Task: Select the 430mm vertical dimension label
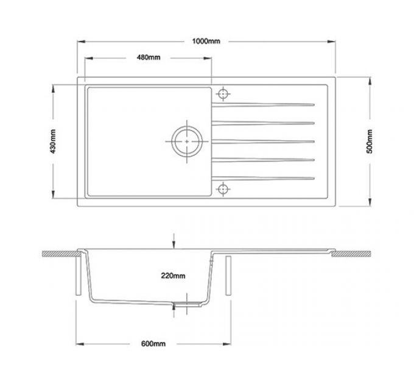click(x=53, y=141)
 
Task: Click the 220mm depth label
click(x=174, y=276)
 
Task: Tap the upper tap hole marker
click(x=224, y=94)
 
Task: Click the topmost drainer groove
click(x=268, y=102)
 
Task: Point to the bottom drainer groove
click(x=268, y=178)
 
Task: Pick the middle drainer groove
click(x=268, y=141)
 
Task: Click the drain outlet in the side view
click(x=188, y=302)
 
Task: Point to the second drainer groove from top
click(x=268, y=122)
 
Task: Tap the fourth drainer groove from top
click(x=268, y=160)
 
